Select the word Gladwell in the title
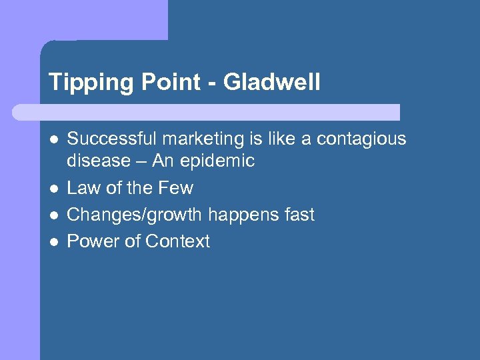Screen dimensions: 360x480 click(272, 83)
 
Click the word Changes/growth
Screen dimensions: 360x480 click(135, 215)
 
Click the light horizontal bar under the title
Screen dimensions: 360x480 click(207, 112)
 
